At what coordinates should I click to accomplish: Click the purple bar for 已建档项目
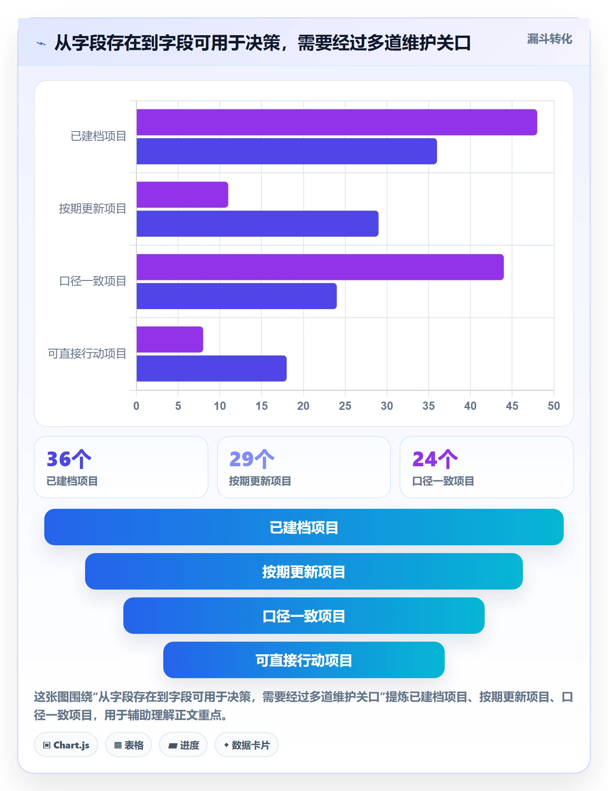337,122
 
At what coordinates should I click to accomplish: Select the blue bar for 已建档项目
287,152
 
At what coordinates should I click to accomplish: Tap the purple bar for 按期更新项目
182,195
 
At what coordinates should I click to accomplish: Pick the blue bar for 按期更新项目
257,224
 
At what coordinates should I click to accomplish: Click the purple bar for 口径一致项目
320,267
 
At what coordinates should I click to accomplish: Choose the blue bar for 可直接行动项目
211,369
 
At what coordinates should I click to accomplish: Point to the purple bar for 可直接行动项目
170,339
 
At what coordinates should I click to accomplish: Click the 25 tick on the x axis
345,406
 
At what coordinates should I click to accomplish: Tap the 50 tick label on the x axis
554,406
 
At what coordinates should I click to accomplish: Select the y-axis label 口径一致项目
93,281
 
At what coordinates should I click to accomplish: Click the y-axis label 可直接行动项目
87,354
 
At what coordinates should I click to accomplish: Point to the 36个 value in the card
69,459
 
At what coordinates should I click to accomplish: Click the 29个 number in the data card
252,459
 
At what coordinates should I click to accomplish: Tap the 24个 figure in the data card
435,459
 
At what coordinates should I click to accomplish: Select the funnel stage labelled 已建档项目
304,527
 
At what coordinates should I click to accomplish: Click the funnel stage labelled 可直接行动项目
304,660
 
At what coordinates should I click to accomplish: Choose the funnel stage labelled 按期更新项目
304,571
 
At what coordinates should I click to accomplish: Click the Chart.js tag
66,745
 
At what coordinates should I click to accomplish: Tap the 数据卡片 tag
247,745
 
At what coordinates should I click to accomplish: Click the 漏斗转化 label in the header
549,39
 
